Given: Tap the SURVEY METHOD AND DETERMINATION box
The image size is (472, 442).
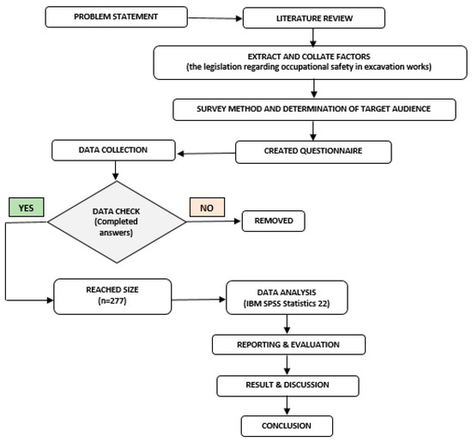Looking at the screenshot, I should pos(312,109).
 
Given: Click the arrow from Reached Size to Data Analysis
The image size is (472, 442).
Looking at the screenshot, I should pos(199,296).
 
